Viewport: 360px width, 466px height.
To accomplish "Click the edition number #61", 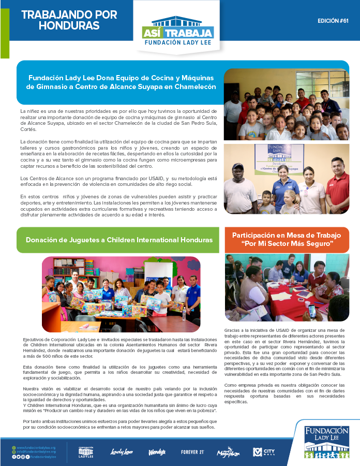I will pos(334,21).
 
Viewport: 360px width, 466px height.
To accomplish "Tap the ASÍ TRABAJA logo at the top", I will pos(177,34).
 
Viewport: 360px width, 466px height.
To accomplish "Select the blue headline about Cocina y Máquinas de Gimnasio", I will pos(122,82).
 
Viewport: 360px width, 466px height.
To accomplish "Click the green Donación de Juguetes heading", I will pos(119,240).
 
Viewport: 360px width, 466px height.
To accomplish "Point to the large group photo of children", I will pos(286,105).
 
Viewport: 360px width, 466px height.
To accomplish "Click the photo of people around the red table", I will pos(287,288).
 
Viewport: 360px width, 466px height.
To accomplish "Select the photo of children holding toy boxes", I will pos(121,294).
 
